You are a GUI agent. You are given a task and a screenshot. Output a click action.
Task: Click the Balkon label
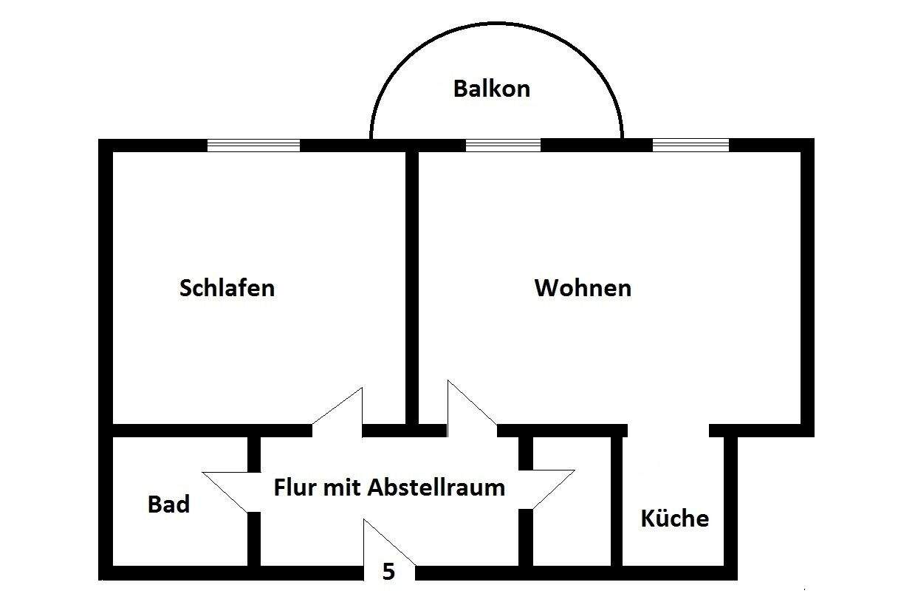point(491,89)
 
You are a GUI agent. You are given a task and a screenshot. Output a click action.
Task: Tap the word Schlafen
point(227,287)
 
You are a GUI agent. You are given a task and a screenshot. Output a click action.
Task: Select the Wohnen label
point(583,287)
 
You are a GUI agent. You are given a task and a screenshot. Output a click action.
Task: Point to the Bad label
point(168,504)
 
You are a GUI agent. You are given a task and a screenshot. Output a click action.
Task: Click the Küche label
point(674,518)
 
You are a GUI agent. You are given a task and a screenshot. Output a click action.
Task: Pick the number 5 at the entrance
point(388,572)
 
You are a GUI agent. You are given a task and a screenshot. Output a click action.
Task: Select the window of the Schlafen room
point(253,145)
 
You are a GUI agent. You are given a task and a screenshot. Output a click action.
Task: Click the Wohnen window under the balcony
point(503,145)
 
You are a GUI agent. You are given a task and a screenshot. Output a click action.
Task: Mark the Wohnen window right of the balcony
point(690,145)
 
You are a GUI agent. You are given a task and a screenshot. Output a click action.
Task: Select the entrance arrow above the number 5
point(388,543)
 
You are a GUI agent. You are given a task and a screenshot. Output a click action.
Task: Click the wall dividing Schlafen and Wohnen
point(412,281)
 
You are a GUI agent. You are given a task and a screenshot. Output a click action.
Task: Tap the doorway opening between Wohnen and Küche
point(668,430)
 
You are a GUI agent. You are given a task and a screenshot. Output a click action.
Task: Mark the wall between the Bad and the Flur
point(253,539)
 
